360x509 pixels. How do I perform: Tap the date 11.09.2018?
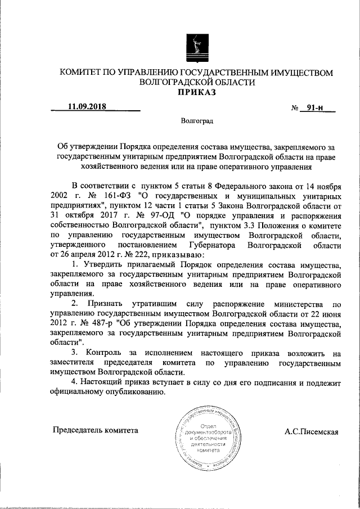point(87,105)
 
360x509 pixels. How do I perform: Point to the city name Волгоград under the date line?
point(197,120)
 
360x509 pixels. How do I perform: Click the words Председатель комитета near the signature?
point(95,430)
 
